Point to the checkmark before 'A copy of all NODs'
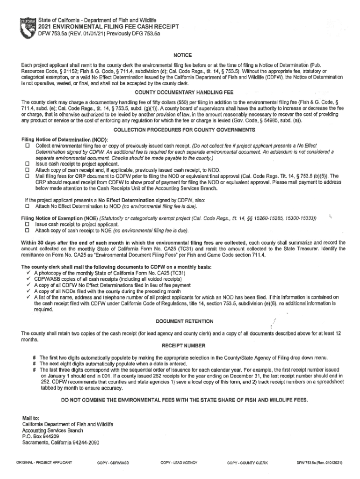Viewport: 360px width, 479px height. (x=29, y=291)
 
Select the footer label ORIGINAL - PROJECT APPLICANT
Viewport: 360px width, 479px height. (x=44, y=463)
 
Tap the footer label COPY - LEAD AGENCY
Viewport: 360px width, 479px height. (x=179, y=463)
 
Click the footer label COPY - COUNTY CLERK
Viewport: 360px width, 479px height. (x=247, y=463)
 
